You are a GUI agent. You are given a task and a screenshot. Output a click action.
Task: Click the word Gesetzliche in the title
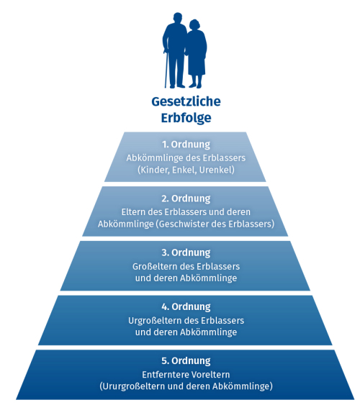[186, 101]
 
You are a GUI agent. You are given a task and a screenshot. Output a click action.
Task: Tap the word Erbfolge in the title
[186, 118]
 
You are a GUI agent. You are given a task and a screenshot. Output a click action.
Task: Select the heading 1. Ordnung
[186, 145]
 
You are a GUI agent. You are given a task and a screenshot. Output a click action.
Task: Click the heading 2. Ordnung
[186, 199]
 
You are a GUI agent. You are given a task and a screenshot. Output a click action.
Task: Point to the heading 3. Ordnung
[186, 252]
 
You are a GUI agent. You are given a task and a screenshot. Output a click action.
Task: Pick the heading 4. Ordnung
[186, 306]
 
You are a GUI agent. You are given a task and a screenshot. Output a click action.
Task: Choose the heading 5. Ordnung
[186, 361]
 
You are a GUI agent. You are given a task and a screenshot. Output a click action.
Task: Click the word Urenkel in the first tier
[217, 170]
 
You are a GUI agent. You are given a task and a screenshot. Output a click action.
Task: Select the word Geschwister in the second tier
[184, 224]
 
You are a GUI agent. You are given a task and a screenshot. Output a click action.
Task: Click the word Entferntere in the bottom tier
[162, 375]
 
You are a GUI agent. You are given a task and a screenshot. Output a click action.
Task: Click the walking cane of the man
[166, 68]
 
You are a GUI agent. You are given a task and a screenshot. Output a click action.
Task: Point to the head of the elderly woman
[194, 25]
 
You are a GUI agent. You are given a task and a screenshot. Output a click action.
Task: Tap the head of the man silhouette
[178, 18]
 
